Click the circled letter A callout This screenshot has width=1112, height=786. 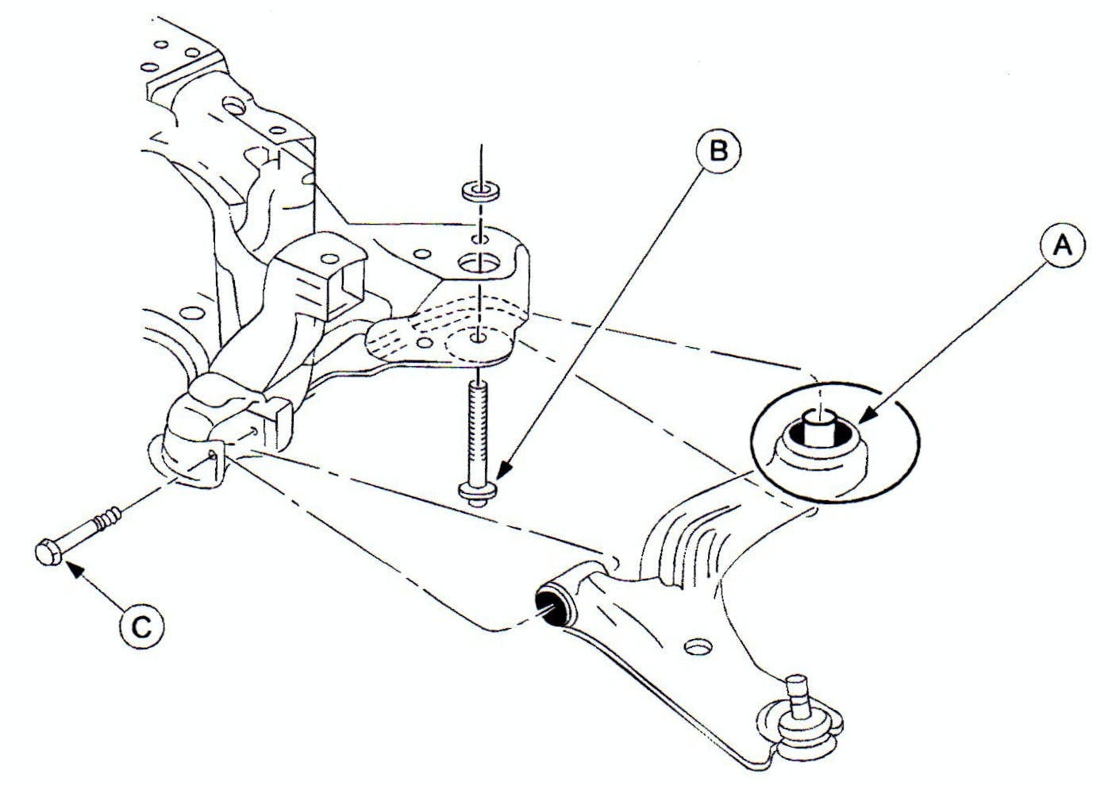tap(1061, 247)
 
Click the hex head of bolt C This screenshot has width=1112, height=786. tap(48, 553)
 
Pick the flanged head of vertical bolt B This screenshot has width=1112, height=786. tap(478, 490)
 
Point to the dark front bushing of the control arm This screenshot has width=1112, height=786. tap(549, 606)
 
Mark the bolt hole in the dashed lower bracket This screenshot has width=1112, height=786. tap(477, 339)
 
